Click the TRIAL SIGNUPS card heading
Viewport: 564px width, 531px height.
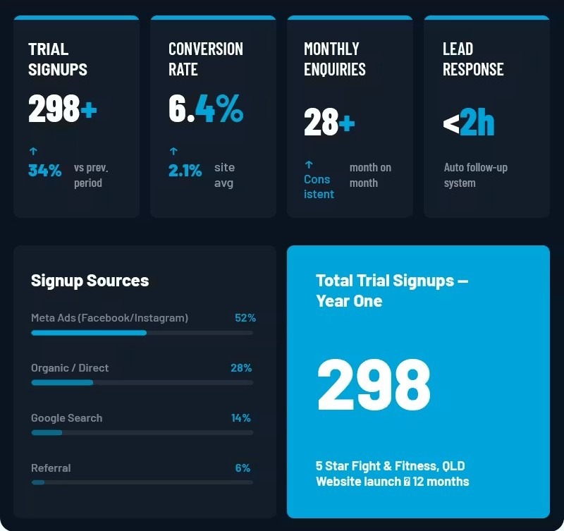pos(58,59)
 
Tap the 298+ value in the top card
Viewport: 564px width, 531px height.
pos(63,109)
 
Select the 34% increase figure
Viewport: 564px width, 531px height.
pos(44,171)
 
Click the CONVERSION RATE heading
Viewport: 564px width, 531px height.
pos(206,59)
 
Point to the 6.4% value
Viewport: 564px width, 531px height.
pos(206,109)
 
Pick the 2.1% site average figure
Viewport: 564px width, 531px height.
pos(185,171)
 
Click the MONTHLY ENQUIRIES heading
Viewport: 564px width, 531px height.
pos(334,59)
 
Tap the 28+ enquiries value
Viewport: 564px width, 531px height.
pos(329,122)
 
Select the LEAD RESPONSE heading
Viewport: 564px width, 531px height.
pos(473,59)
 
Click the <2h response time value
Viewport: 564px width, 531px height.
pos(468,122)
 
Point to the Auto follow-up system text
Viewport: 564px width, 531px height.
pos(475,175)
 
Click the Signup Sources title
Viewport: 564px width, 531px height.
pos(90,281)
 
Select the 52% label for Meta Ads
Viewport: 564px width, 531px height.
pos(245,317)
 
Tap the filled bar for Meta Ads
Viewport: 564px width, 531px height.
pos(89,333)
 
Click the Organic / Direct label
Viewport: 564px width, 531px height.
pos(70,367)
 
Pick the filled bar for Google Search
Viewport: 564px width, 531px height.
pos(47,433)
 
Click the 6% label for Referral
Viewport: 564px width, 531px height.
pos(243,468)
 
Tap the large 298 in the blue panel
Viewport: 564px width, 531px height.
pos(374,384)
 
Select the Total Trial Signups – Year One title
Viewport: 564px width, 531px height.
pos(392,291)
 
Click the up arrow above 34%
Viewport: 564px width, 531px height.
pos(33,151)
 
